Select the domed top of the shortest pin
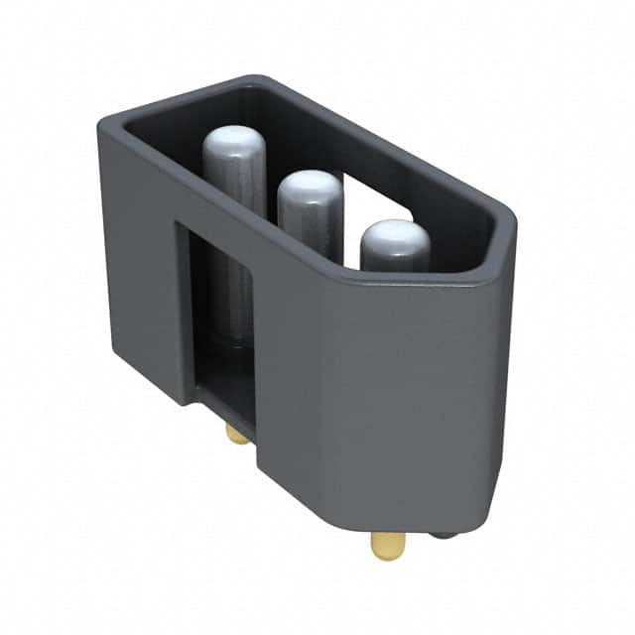(x=395, y=238)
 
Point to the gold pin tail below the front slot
(x=237, y=434)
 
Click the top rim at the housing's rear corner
(x=253, y=81)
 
